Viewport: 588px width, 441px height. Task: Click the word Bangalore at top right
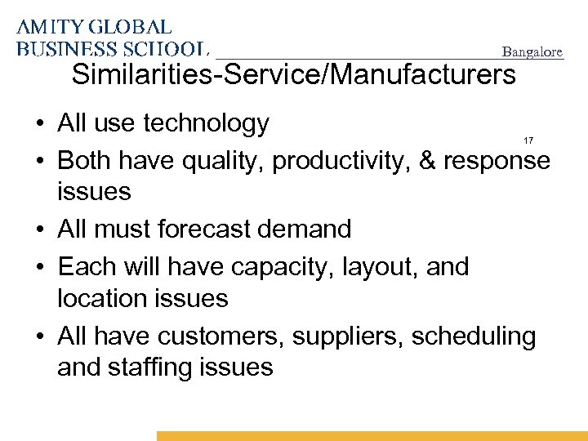532,52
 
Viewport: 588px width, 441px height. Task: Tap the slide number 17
528,141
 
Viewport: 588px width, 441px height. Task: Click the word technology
206,123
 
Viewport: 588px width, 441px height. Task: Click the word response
497,161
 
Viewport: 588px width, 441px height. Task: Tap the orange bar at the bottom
372,436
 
